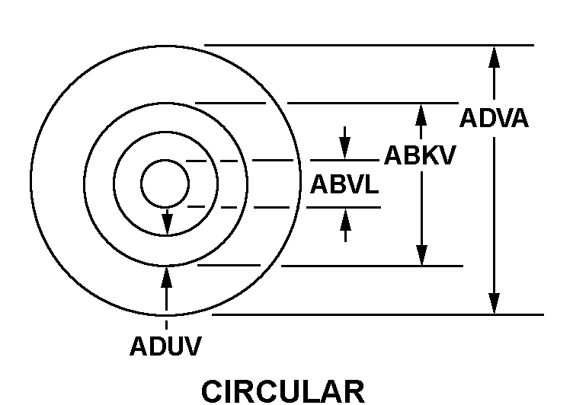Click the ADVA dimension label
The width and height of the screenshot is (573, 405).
(494, 118)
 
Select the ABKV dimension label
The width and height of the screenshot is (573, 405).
(420, 155)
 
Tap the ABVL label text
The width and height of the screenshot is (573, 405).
(344, 183)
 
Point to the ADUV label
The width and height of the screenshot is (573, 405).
(165, 346)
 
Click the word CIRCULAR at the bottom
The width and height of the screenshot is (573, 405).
(283, 391)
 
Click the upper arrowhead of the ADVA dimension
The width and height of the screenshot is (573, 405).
(494, 56)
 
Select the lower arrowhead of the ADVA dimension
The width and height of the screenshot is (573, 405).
(494, 303)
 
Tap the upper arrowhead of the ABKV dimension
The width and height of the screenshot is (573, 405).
(421, 115)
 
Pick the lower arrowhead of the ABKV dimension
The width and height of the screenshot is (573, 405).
(421, 255)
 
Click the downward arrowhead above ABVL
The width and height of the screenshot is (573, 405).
(344, 148)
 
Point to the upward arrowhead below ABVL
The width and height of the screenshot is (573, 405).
(345, 219)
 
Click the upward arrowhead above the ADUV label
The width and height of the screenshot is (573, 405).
(167, 277)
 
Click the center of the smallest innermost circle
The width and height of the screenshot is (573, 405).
(165, 183)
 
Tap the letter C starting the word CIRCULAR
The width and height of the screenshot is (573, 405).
(212, 391)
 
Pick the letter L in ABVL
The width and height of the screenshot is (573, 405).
(371, 183)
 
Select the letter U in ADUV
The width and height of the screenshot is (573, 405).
(174, 346)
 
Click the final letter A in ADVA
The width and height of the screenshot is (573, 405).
(519, 118)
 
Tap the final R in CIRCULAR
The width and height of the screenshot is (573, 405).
(355, 391)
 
